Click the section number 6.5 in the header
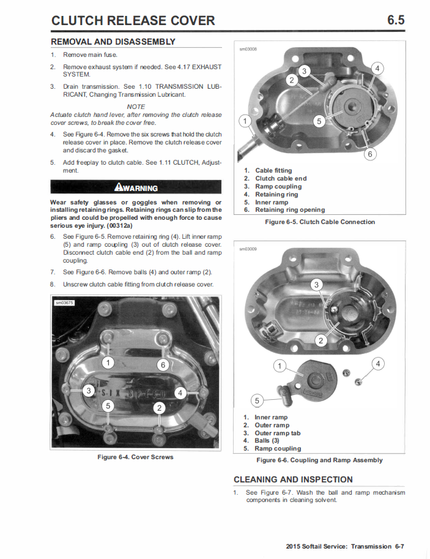pos(396,20)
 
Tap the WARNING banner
pos(136,187)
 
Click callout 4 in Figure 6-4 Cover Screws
pos(180,393)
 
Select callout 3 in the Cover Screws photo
pos(89,391)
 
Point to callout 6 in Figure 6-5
pos(370,154)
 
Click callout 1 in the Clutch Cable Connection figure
pos(245,121)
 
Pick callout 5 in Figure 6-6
pos(258,400)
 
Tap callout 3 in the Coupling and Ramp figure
pos(316,285)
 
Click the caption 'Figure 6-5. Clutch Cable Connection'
pos(320,222)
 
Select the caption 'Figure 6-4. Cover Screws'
pos(135,457)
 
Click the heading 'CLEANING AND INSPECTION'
pos(293,479)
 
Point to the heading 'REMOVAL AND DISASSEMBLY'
pos(113,42)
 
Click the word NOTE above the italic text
pos(136,107)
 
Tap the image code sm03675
pos(64,302)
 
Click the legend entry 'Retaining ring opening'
pos(290,210)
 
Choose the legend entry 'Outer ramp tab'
pos(278,433)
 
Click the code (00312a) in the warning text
pos(119,226)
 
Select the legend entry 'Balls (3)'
pos(267,441)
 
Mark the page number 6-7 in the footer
pos(399,547)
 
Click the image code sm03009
pos(248,249)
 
